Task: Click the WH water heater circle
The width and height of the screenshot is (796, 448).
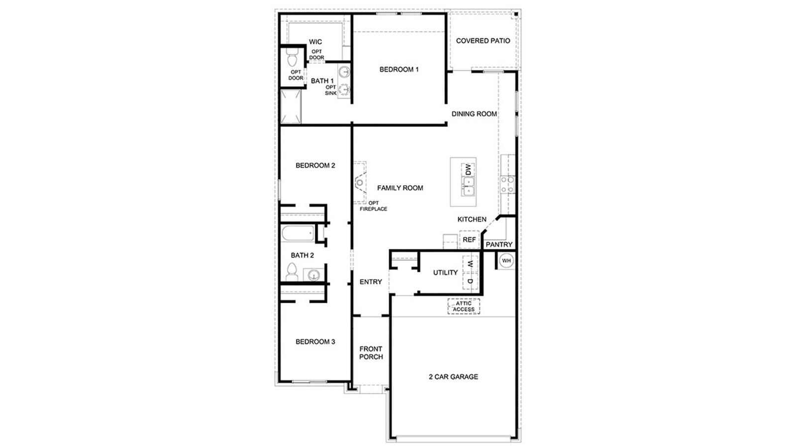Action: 506,261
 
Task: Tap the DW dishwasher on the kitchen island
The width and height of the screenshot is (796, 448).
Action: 468,170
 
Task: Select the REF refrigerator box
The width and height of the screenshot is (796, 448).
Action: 469,240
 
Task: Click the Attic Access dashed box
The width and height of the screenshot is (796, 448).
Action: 464,307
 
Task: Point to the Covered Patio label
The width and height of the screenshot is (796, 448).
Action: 483,41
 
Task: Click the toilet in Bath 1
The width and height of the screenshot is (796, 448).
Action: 292,59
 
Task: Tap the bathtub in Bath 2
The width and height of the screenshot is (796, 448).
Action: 298,233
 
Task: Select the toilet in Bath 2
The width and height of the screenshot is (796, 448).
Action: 292,273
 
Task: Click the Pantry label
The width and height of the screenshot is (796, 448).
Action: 498,244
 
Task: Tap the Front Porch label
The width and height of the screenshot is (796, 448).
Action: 371,353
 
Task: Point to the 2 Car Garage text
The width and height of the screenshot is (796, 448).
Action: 453,377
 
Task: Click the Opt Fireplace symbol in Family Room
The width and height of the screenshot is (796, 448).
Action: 360,183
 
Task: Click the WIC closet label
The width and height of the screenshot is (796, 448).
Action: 315,42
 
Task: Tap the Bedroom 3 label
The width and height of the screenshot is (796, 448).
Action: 315,341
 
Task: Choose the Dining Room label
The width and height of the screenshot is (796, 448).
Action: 474,113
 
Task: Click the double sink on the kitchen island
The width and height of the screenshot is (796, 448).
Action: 468,188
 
